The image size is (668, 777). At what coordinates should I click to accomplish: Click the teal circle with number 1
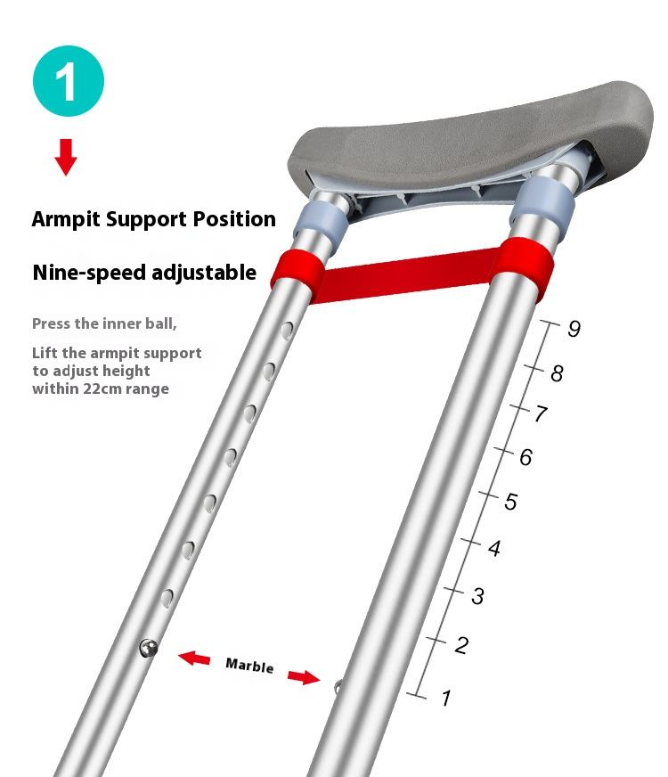[68, 82]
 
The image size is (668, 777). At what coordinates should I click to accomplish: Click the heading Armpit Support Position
[153, 219]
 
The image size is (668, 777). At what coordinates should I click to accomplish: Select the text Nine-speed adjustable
[144, 273]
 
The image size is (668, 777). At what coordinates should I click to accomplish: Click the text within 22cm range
[101, 388]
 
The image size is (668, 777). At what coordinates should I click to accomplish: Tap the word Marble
[249, 666]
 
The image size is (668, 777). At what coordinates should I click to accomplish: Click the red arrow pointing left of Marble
[194, 658]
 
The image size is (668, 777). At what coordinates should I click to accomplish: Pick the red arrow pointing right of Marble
[304, 678]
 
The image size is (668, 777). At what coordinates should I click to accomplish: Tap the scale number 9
[574, 329]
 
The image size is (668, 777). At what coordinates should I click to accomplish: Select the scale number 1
[446, 698]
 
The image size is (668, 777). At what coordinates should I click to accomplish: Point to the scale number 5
[510, 502]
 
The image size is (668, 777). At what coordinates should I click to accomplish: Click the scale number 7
[541, 414]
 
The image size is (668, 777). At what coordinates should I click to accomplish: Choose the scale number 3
[477, 596]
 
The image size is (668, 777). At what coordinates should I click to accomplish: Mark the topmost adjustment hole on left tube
[287, 331]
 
